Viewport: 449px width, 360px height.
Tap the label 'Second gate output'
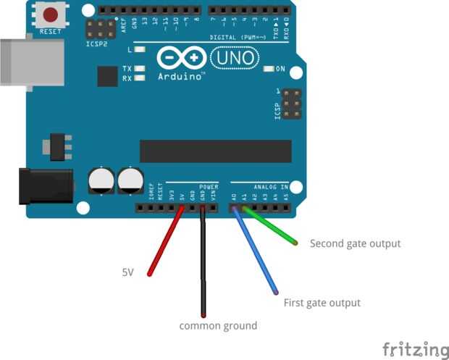pyautogui.click(x=355, y=243)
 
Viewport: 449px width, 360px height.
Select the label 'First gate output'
pyautogui.click(x=322, y=303)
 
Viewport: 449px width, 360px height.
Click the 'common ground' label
pyautogui.click(x=218, y=326)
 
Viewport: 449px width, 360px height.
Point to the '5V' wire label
pyautogui.click(x=127, y=272)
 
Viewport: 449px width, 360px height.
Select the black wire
pyautogui.click(x=203, y=261)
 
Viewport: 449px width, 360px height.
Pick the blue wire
pyautogui.click(x=254, y=250)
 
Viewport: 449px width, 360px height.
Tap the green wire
pyautogui.click(x=272, y=225)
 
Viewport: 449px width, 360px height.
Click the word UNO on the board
pyautogui.click(x=232, y=57)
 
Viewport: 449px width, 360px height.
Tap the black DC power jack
pyautogui.click(x=46, y=185)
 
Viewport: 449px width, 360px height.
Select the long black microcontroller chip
pyautogui.click(x=215, y=151)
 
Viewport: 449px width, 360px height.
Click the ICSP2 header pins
pyautogui.click(x=101, y=30)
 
